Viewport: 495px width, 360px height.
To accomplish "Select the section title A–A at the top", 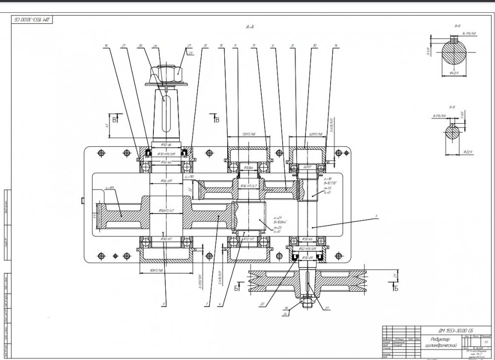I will pyautogui.click(x=249, y=28).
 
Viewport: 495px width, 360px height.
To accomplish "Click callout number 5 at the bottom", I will pyautogui.click(x=165, y=304).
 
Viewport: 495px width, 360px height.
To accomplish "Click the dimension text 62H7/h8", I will pyautogui.click(x=315, y=134).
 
